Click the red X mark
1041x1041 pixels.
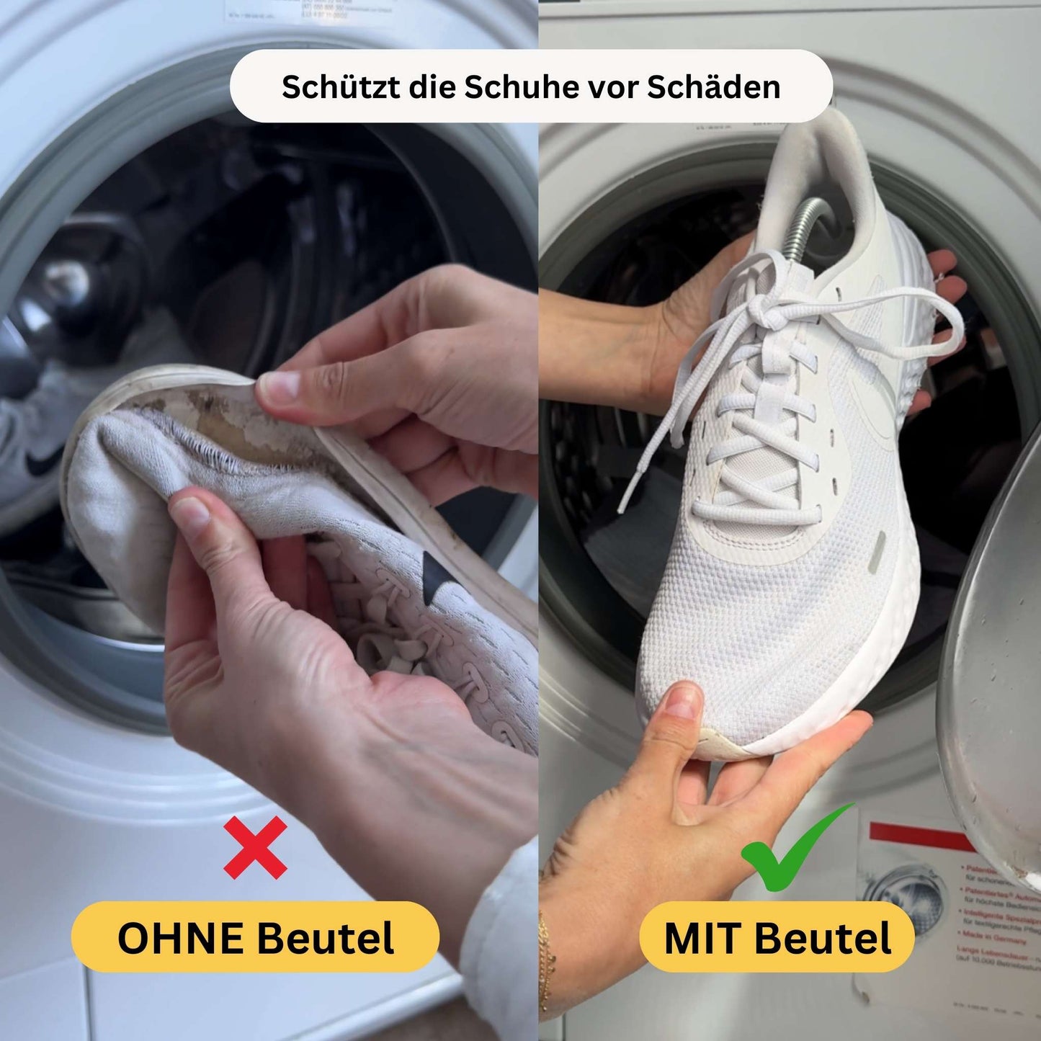tap(255, 847)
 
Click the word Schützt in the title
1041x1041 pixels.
tap(333, 86)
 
